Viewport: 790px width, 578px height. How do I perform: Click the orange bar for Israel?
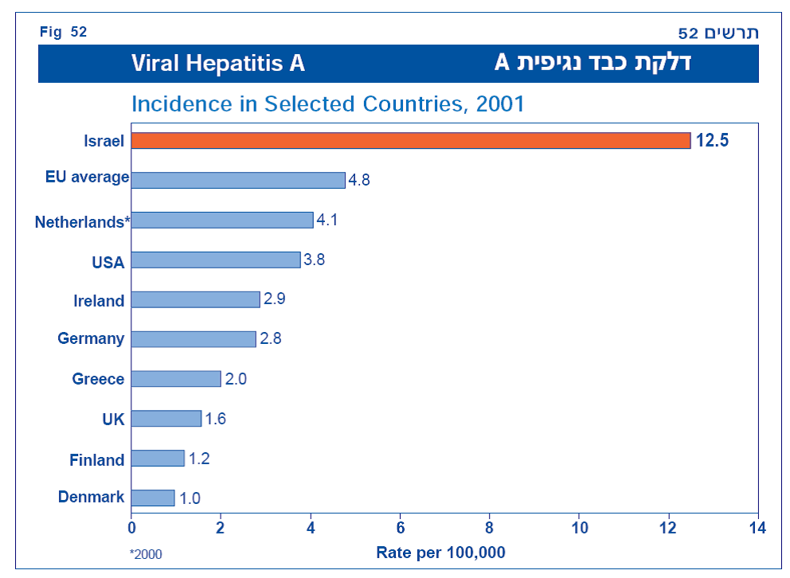pyautogui.click(x=410, y=140)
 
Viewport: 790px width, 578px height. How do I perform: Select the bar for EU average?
pyautogui.click(x=237, y=180)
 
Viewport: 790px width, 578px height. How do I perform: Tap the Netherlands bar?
pyautogui.click(x=222, y=220)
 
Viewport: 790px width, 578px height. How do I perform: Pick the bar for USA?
pyautogui.click(x=215, y=260)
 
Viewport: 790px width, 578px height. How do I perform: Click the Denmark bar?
pyautogui.click(x=153, y=498)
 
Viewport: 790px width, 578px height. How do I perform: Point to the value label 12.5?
pyautogui.click(x=712, y=141)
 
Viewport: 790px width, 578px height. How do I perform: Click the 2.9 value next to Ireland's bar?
pyautogui.click(x=275, y=299)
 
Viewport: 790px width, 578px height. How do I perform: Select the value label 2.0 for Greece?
pyautogui.click(x=236, y=379)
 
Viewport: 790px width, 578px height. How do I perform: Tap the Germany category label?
pyautogui.click(x=91, y=339)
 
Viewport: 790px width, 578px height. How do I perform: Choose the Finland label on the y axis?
pyautogui.click(x=97, y=460)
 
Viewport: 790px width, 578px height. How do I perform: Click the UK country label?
pyautogui.click(x=114, y=419)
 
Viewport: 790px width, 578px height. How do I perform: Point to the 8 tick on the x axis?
pyautogui.click(x=489, y=527)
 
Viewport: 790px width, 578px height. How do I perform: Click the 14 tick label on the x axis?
pyautogui.click(x=757, y=527)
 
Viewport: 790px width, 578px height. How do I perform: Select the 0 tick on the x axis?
pyautogui.click(x=131, y=527)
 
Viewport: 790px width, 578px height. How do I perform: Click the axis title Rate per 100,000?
pyautogui.click(x=440, y=553)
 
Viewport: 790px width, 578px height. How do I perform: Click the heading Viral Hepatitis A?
pyautogui.click(x=218, y=64)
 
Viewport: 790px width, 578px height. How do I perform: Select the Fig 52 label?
pyautogui.click(x=64, y=32)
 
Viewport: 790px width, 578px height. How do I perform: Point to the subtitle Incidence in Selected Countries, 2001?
pyautogui.click(x=327, y=104)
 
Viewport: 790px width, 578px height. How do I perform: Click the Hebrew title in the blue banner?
pyautogui.click(x=592, y=64)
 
